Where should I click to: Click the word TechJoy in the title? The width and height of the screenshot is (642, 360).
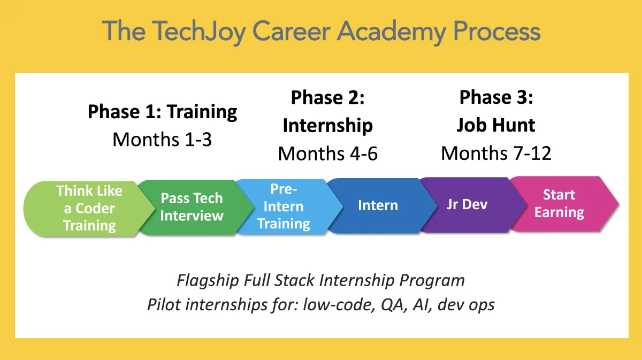pos(198,32)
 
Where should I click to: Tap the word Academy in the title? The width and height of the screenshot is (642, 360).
pos(392,32)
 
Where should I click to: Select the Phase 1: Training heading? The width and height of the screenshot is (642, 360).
pos(162,111)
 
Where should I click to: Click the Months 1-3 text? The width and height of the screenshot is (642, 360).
pos(162,140)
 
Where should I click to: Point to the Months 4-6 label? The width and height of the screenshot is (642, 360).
pos(328,154)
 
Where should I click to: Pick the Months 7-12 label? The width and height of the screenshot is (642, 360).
pos(496,154)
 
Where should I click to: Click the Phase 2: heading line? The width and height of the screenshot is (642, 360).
pos(328,97)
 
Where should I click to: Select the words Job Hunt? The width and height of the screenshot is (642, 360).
pos(496,125)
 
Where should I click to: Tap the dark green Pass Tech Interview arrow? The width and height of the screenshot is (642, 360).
pos(195,208)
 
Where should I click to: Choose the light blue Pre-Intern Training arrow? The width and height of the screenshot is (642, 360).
pos(288,206)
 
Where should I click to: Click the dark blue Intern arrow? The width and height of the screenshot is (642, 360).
pos(381,205)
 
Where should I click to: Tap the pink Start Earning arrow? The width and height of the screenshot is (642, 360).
pos(563,204)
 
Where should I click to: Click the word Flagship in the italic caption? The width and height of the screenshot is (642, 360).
pos(208,280)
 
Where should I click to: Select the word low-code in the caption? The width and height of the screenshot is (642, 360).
pos(339,304)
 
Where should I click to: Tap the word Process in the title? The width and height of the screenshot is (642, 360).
pos(496,32)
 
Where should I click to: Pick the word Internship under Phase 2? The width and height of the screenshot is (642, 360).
pos(328,126)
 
